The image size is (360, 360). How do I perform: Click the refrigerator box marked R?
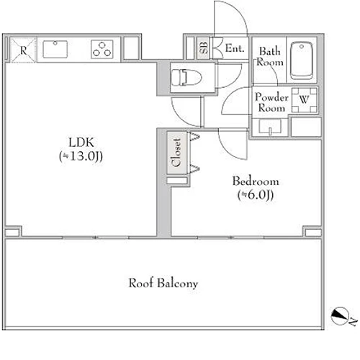[x=23, y=50]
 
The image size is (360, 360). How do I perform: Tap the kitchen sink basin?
[x=55, y=49]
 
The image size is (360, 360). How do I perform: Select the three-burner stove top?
[x=102, y=49]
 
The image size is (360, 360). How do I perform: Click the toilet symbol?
[x=186, y=77]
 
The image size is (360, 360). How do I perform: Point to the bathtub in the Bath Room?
[x=302, y=60]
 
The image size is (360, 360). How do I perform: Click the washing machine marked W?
[x=305, y=100]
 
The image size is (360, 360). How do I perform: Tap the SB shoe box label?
[x=204, y=48]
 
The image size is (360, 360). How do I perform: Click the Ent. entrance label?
[x=235, y=48]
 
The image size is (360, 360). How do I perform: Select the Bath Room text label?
[x=270, y=57]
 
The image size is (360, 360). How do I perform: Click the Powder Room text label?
[x=271, y=102]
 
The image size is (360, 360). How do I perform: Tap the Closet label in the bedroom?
[x=176, y=153]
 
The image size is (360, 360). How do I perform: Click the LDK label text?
[x=81, y=143]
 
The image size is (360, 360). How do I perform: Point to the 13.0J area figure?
[x=81, y=156]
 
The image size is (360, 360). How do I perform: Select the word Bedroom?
[x=256, y=181]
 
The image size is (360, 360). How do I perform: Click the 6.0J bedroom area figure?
[x=256, y=194]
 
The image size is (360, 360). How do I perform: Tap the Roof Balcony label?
[x=163, y=283]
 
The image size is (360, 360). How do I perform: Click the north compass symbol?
[x=340, y=315]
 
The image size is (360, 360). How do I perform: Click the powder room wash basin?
[x=270, y=127]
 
